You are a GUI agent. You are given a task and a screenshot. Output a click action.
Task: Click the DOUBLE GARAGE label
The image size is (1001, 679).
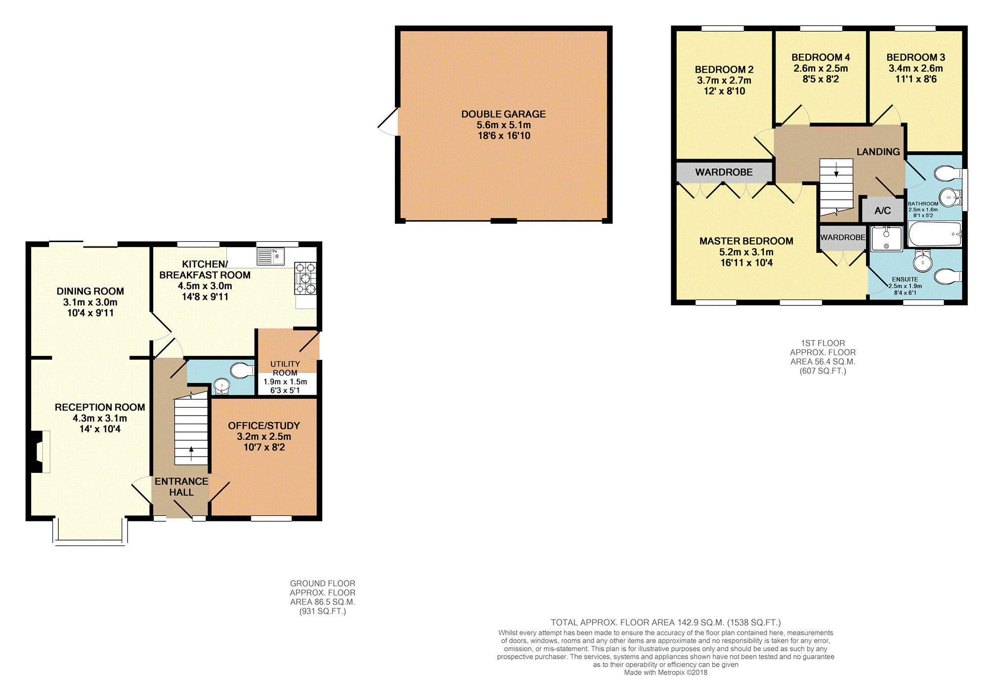[x=503, y=114]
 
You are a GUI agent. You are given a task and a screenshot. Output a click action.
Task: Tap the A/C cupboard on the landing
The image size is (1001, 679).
[x=882, y=210]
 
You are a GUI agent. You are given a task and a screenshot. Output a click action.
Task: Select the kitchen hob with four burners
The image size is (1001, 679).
[x=305, y=278]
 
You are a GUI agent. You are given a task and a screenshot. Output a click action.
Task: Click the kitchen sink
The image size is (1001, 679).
[x=270, y=256]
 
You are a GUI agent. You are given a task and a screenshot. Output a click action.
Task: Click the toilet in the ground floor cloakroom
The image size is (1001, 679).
[x=242, y=370]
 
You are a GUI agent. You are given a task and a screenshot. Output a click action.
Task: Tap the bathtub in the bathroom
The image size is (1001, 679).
[x=935, y=234]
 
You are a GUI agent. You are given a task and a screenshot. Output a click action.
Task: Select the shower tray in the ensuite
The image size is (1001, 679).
[x=886, y=238]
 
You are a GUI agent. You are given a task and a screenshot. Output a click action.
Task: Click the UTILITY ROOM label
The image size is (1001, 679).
[x=285, y=368]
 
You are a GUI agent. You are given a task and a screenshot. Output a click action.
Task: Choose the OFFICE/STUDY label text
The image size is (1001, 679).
[x=264, y=425]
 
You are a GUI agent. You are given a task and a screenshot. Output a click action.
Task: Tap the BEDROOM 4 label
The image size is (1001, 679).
[x=821, y=57]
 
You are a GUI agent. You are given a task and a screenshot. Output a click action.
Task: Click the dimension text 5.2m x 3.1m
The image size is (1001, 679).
[x=746, y=252]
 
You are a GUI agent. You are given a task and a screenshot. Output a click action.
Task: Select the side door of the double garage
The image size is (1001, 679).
[x=388, y=122]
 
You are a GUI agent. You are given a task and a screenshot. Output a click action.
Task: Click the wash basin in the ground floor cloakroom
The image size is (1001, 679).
[x=222, y=386]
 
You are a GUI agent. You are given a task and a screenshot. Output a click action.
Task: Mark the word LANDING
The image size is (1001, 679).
[x=878, y=152]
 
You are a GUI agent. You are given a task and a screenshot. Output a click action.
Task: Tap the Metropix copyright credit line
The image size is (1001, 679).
[x=665, y=673]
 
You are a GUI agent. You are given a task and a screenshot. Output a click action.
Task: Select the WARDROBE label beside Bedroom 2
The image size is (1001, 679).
[x=724, y=172]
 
